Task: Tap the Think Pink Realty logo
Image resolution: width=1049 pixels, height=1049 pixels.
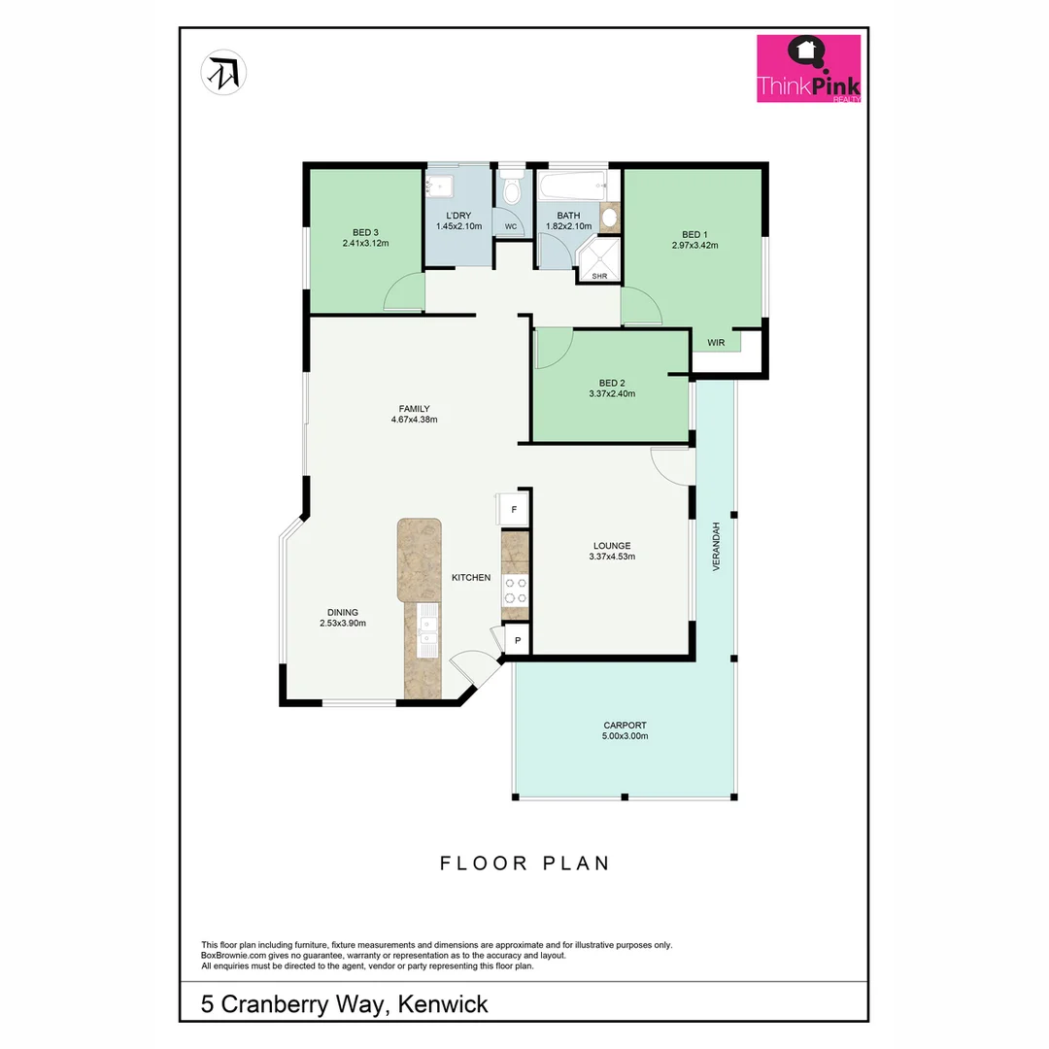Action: coord(808,69)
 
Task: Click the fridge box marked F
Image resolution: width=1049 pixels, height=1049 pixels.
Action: coord(514,509)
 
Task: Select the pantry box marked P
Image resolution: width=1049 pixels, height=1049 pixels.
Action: coord(518,640)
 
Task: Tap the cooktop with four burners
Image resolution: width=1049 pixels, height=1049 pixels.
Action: coord(514,591)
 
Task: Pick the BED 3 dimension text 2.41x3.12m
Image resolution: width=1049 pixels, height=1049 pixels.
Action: coord(365,243)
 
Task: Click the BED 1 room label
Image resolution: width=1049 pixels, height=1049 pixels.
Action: coord(694,234)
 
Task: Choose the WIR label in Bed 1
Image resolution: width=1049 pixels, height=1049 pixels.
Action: coord(716,343)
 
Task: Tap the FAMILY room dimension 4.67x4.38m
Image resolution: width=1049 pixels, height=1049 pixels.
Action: coord(414,421)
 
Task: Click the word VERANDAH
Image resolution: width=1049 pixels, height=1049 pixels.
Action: coord(717,546)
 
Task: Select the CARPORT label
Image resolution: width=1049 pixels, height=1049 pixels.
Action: coord(625,725)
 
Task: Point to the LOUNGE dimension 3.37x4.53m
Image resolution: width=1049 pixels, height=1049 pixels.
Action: coord(612,557)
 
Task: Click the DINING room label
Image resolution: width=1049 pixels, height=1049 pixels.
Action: coord(342,612)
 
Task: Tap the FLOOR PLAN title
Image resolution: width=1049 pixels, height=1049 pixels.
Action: coord(524,863)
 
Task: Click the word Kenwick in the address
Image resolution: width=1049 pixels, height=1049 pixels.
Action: coord(443,1003)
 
